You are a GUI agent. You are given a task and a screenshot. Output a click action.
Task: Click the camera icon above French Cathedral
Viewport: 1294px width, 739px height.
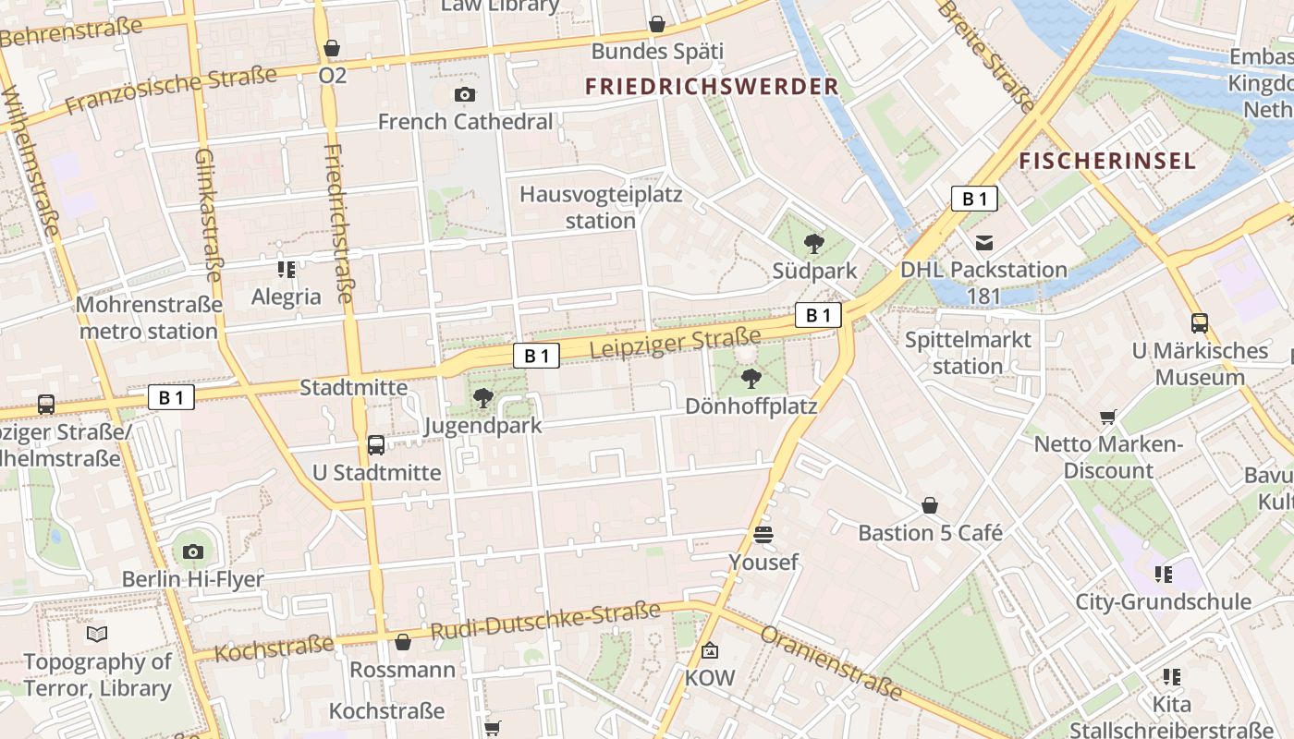(465, 94)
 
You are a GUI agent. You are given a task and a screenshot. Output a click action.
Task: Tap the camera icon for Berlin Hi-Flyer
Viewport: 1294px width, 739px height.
(192, 552)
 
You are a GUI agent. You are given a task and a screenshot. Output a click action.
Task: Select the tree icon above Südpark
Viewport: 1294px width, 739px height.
(814, 244)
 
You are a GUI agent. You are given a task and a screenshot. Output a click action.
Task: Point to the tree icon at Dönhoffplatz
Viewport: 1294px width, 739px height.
(751, 378)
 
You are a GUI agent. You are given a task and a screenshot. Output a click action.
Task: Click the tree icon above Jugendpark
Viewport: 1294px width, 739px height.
(482, 398)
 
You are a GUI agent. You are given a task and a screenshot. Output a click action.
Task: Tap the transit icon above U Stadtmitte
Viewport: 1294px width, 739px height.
(376, 445)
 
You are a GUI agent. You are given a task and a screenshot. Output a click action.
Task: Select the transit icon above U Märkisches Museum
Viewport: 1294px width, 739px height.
(1200, 323)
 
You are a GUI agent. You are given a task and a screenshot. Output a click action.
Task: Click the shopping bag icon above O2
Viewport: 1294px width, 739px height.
(332, 48)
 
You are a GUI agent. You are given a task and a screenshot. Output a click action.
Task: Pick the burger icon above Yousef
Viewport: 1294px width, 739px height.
(763, 535)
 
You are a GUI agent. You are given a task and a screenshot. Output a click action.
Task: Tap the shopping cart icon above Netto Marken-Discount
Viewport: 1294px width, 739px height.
(1108, 417)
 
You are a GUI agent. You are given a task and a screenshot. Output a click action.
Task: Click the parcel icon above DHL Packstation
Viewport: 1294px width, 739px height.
(984, 243)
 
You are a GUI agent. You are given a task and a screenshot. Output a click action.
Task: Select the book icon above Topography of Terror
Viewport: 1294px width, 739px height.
(97, 634)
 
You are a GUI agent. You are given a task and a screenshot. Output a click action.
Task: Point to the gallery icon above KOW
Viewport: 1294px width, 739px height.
(710, 651)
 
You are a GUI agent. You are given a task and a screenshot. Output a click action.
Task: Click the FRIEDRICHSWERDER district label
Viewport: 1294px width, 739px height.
(712, 87)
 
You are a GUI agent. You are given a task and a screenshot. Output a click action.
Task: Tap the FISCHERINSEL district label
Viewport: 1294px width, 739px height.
(1107, 162)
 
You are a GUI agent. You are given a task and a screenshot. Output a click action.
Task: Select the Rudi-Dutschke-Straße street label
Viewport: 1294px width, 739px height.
(545, 622)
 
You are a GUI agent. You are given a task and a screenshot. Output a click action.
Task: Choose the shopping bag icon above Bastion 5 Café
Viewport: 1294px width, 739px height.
(930, 505)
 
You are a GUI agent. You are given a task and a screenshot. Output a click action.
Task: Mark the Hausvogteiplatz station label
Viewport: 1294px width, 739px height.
(601, 208)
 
